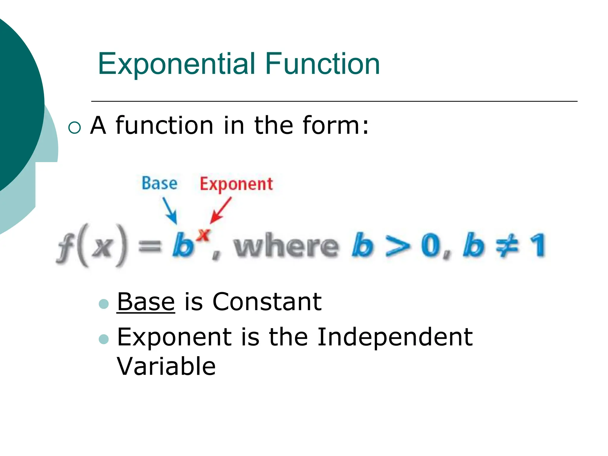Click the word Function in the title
pos(322,64)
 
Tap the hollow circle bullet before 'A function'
pos(74,128)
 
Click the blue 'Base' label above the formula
pos(159,183)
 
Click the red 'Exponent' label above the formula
pos(236,184)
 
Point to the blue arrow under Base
pos(170,210)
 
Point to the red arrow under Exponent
pos(220,210)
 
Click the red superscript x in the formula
pos(204,235)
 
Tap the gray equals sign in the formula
pos(150,246)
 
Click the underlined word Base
pos(146,302)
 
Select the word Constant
pos(267,302)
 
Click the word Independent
pos(395,337)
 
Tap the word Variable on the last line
pos(166,366)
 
